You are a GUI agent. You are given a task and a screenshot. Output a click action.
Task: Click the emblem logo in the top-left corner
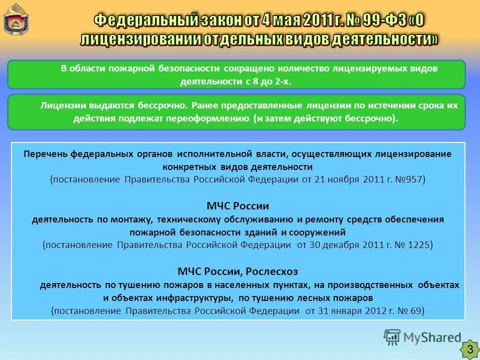click(14, 18)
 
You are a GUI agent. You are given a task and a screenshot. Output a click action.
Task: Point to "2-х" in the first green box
click(282, 82)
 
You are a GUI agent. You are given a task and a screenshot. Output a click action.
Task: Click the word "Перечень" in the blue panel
click(45, 154)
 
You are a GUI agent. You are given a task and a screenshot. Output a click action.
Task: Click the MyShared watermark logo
click(422, 337)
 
